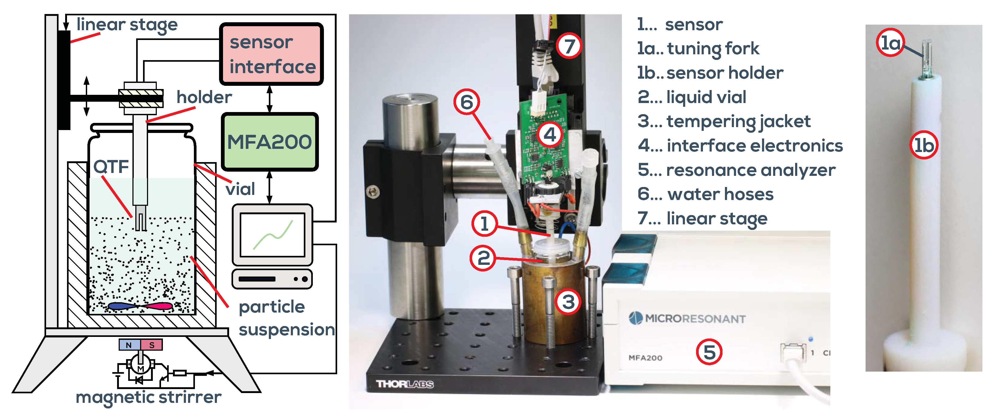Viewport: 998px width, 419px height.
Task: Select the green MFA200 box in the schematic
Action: click(270, 142)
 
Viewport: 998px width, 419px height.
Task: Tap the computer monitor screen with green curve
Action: click(272, 235)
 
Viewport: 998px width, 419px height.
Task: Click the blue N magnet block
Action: click(129, 345)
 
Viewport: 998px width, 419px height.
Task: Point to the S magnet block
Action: click(152, 345)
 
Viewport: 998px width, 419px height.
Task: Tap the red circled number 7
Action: click(569, 46)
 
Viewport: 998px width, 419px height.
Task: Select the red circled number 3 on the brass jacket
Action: click(568, 302)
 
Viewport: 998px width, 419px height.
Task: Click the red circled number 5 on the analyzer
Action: click(709, 352)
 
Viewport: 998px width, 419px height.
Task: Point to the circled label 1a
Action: click(890, 43)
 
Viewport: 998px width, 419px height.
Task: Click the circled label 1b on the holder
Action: click(924, 145)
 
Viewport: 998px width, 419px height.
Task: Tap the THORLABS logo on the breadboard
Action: click(405, 384)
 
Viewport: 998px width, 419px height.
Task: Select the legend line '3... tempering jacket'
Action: click(724, 121)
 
